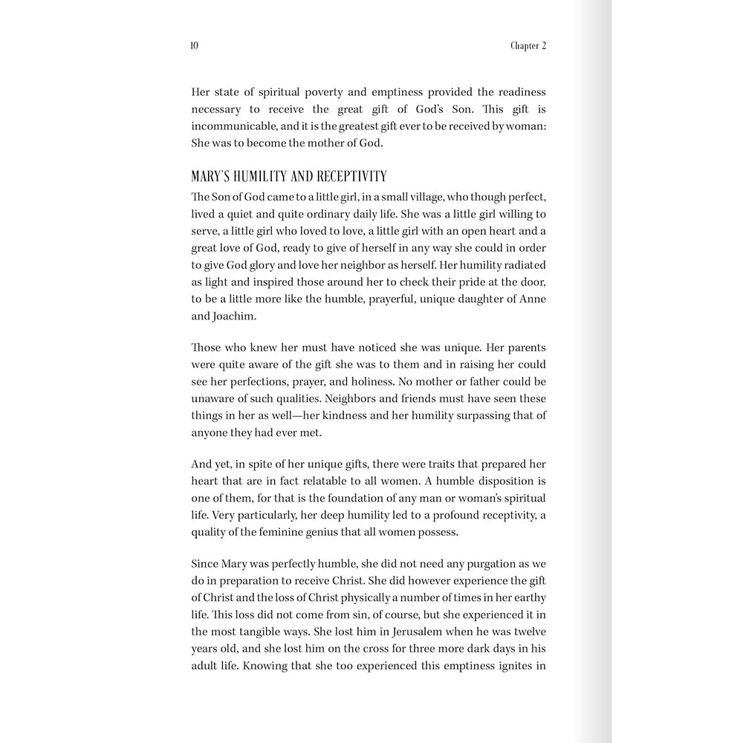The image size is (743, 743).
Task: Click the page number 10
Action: pos(195,45)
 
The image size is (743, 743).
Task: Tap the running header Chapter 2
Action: pos(528,45)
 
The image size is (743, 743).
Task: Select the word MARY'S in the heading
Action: pos(211,176)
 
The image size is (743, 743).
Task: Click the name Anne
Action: pos(534,298)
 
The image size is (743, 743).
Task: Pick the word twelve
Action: pos(527,632)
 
